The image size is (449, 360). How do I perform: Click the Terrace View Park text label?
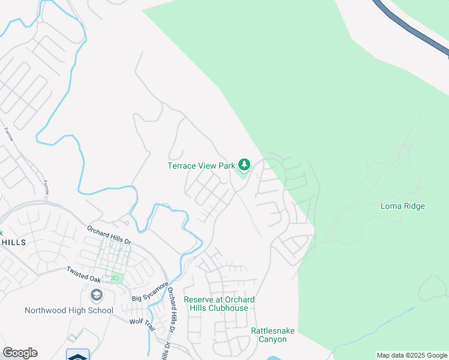click(200, 165)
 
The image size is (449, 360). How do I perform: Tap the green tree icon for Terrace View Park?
click(244, 164)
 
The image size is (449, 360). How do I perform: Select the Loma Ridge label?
click(403, 206)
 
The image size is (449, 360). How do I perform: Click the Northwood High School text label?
click(68, 310)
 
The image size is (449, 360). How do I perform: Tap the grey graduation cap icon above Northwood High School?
click(96, 295)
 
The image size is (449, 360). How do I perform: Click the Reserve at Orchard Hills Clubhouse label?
click(219, 304)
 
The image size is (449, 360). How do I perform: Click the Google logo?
click(20, 353)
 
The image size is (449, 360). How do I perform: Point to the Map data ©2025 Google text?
click(412, 355)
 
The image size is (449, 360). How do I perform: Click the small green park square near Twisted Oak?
click(116, 278)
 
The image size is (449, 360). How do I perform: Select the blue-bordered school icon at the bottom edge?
click(77, 355)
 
